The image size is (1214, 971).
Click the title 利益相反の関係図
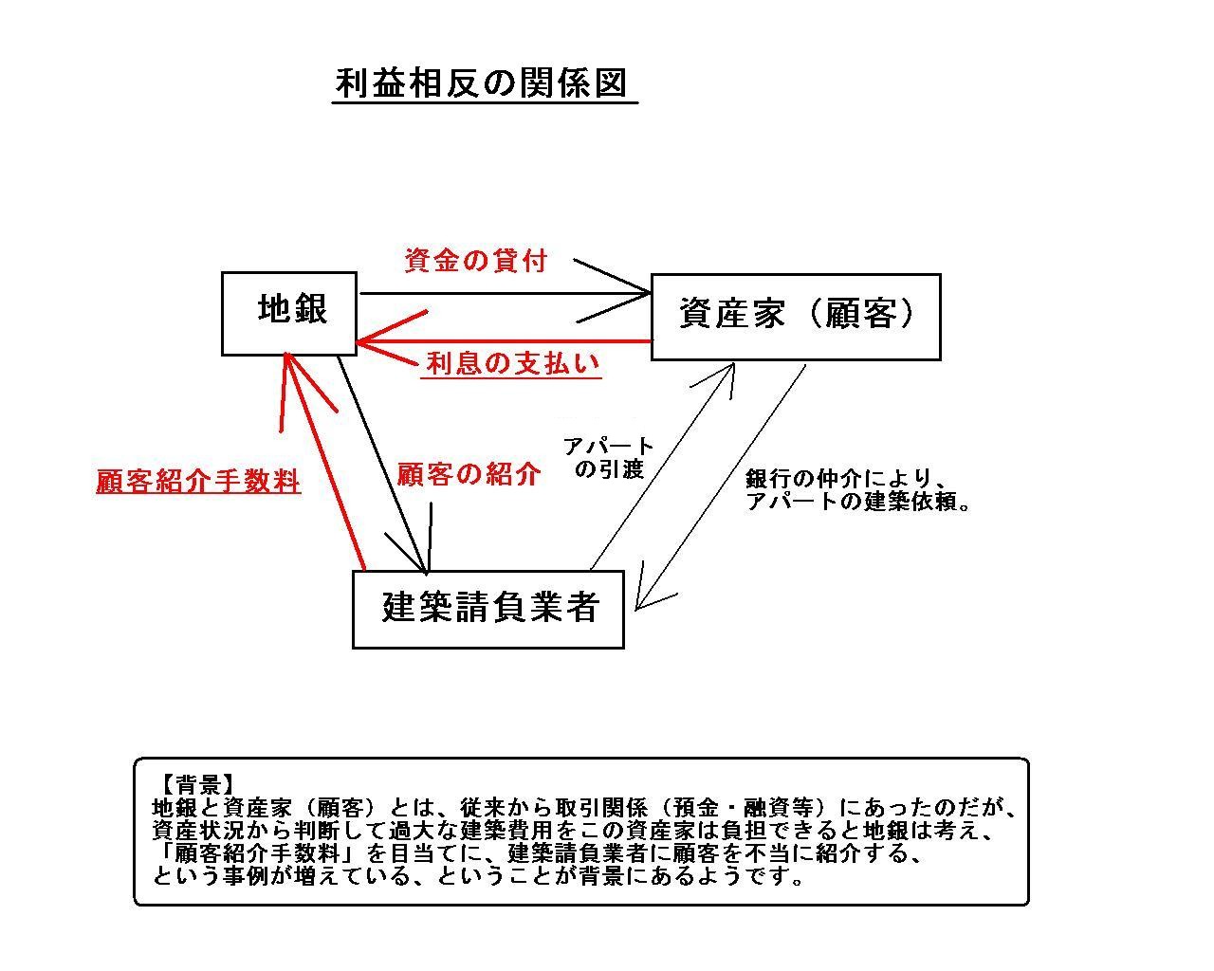pos(481,83)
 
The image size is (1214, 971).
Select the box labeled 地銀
pos(289,314)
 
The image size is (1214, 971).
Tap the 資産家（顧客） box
pos(796,317)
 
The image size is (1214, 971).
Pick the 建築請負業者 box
pos(487,610)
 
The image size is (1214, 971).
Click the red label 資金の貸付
pos(475,261)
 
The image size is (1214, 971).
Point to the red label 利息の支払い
pos(511,363)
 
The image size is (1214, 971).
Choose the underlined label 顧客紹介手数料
pos(198,482)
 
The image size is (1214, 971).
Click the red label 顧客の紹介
pos(469,474)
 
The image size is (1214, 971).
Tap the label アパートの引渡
pos(609,458)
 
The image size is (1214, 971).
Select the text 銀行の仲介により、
pos(846,479)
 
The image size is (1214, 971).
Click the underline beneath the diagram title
pos(485,103)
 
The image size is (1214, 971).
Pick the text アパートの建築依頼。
pos(857,502)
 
